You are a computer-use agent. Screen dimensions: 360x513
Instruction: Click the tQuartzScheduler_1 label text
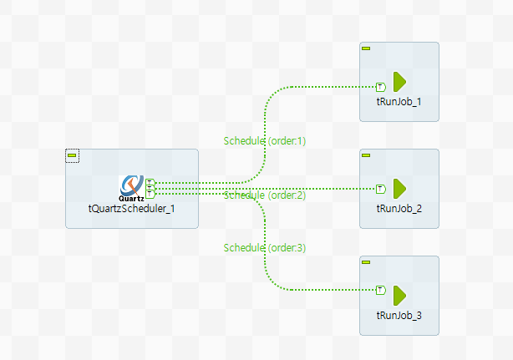coord(131,208)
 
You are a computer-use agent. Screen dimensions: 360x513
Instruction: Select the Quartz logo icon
coord(131,185)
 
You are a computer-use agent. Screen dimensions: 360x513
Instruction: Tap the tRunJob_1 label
coord(399,101)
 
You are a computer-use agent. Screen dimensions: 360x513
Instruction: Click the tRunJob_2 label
coord(399,208)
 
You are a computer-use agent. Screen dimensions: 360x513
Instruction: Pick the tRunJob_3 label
coord(399,315)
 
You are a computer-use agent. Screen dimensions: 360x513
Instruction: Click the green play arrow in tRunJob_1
coord(399,82)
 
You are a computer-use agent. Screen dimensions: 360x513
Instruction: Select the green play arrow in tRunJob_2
coord(399,188)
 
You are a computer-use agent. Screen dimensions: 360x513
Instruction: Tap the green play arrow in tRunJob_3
coord(399,294)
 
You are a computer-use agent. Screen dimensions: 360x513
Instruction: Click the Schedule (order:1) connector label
coord(265,141)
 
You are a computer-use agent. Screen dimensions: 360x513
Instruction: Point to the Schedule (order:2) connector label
coord(265,195)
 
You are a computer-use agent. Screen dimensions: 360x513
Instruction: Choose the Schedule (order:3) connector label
coord(265,248)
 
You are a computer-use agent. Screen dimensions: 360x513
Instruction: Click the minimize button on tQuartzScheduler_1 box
coord(72,156)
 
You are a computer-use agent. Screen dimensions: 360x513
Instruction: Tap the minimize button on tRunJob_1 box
coord(366,48)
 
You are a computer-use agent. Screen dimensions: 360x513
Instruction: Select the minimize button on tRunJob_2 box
coord(366,155)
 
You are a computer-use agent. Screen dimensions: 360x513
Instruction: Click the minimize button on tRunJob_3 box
coord(366,262)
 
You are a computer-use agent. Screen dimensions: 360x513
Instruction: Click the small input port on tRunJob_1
coord(380,86)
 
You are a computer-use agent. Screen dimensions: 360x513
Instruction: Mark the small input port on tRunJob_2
coord(380,188)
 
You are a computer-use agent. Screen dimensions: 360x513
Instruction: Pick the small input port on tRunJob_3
coord(380,290)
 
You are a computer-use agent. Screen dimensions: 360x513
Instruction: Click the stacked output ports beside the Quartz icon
coord(150,187)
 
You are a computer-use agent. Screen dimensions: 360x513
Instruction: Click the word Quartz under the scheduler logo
coord(130,198)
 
